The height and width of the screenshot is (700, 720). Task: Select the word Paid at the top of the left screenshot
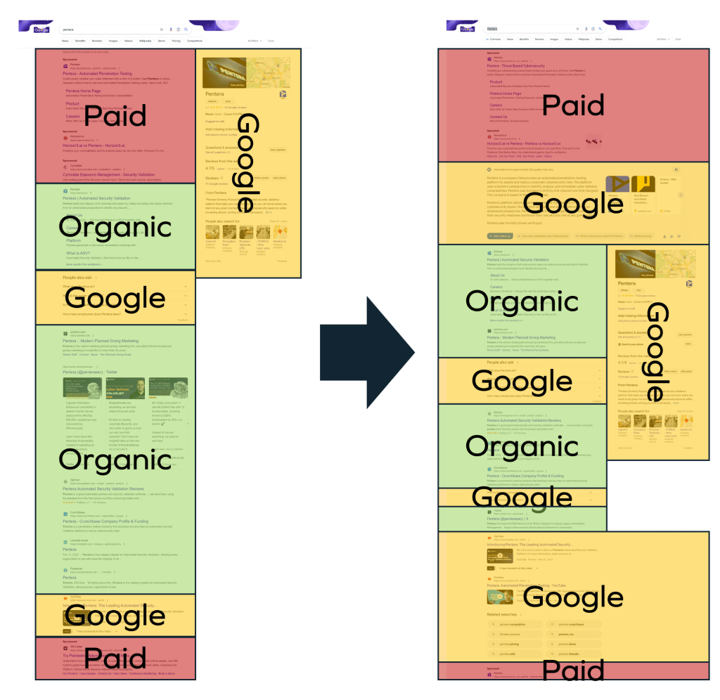tap(115, 115)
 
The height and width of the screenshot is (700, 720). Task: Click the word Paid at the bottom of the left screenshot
tap(115, 660)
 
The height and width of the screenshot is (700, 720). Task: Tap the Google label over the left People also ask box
tap(115, 298)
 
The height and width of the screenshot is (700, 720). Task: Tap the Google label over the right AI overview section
tap(573, 204)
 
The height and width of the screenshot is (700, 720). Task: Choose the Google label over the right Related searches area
tap(573, 597)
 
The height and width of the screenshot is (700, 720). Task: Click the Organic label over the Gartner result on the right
tap(522, 446)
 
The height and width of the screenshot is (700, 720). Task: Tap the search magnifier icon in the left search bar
tap(186, 30)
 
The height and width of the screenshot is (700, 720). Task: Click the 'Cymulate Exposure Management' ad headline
tap(108, 173)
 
